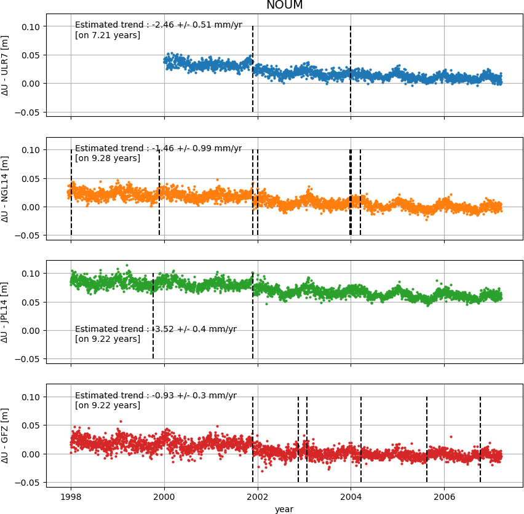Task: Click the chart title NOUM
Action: pyautogui.click(x=284, y=6)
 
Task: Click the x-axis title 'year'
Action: pyautogui.click(x=284, y=509)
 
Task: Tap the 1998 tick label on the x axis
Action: pyautogui.click(x=71, y=497)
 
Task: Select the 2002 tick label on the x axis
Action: pyautogui.click(x=258, y=497)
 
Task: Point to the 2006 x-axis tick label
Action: pyautogui.click(x=444, y=497)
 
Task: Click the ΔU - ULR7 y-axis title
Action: pyautogui.click(x=6, y=66)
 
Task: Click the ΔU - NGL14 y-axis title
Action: pyautogui.click(x=6, y=189)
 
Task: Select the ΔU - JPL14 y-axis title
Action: pyautogui.click(x=6, y=312)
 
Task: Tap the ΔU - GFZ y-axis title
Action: pyautogui.click(x=6, y=436)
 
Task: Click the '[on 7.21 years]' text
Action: pyautogui.click(x=108, y=35)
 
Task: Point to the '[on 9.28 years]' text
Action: pyautogui.click(x=108, y=158)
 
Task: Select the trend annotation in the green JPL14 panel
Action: pyautogui.click(x=156, y=329)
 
